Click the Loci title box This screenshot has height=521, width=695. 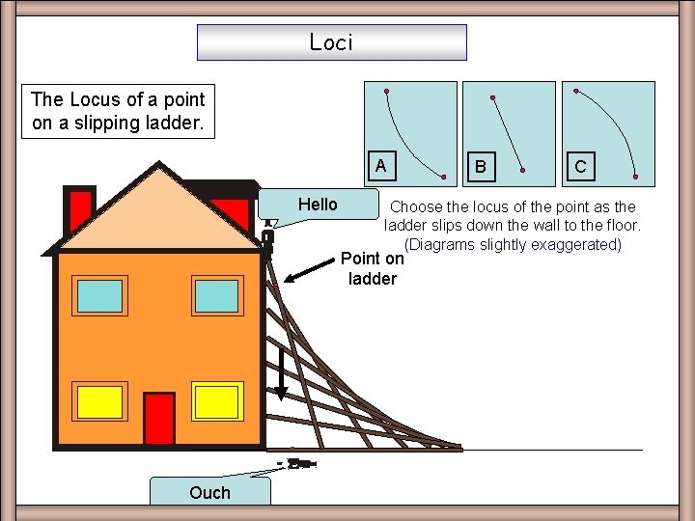pyautogui.click(x=331, y=42)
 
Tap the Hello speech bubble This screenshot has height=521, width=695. pyautogui.click(x=318, y=205)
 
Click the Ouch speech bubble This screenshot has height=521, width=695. pyautogui.click(x=209, y=492)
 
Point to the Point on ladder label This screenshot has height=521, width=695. pyautogui.click(x=373, y=268)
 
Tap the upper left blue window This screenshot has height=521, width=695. pyautogui.click(x=99, y=294)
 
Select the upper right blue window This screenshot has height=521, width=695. pyautogui.click(x=215, y=294)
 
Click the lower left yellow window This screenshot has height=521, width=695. pyautogui.click(x=99, y=400)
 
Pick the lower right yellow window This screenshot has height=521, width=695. pyautogui.click(x=215, y=400)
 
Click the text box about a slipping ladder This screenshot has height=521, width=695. pyautogui.click(x=118, y=111)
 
